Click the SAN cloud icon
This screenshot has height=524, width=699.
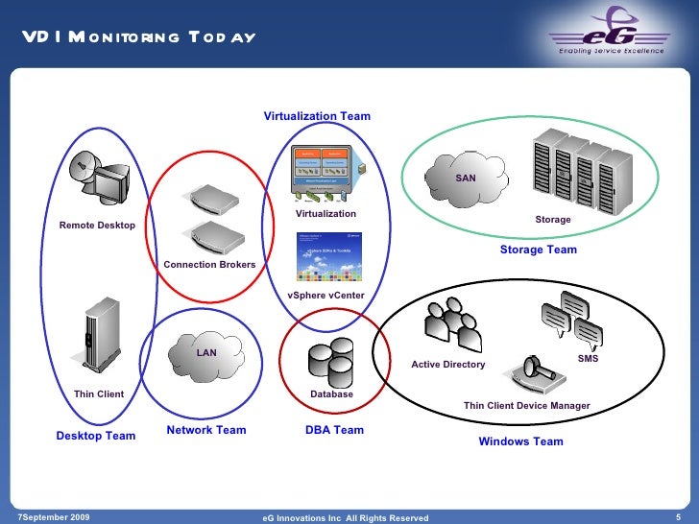click(466, 173)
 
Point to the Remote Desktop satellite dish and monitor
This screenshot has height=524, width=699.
click(103, 178)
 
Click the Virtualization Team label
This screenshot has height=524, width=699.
click(317, 116)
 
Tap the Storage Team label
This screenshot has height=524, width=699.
click(538, 250)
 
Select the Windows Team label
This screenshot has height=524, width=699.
click(520, 441)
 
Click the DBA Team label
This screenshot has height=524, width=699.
click(334, 430)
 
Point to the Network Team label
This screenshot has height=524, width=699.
click(206, 430)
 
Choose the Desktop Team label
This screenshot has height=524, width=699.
click(96, 436)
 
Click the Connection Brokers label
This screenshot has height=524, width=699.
click(209, 264)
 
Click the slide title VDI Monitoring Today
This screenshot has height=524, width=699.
click(140, 36)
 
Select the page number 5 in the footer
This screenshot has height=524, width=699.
click(679, 517)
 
